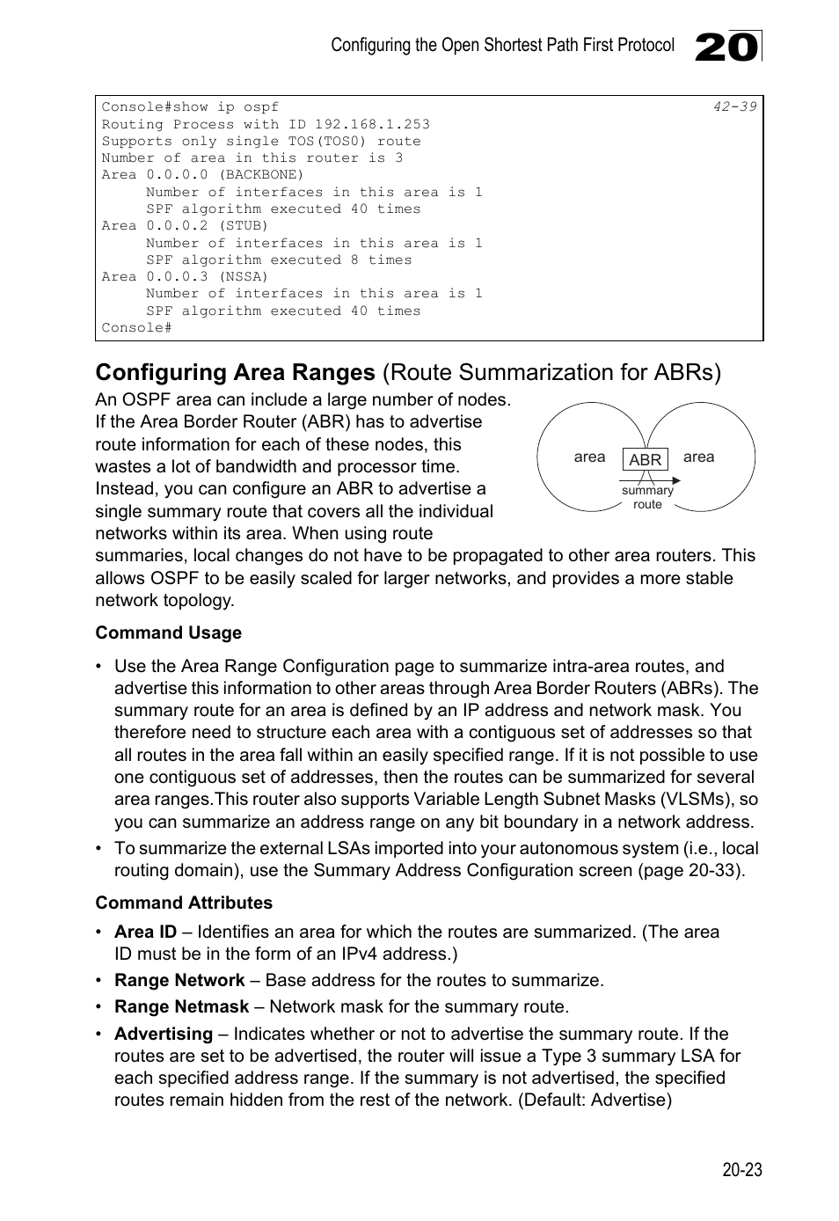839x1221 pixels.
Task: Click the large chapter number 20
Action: coord(726,47)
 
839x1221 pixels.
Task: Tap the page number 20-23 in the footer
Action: coord(741,1169)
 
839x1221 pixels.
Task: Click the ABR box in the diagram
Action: coord(645,459)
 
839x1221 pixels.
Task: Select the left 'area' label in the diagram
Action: coord(589,457)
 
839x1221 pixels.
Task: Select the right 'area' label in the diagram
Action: coord(698,457)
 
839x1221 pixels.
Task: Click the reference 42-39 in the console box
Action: coord(734,106)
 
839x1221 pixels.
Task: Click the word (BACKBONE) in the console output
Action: coord(260,174)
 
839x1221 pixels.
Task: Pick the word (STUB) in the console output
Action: coord(243,225)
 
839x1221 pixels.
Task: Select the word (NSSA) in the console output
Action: coord(243,276)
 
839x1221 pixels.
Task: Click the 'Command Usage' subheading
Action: coord(168,632)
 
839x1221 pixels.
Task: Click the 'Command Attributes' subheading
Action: coord(184,903)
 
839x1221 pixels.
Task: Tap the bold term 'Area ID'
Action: coord(145,932)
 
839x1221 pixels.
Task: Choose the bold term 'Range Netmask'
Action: coord(181,1006)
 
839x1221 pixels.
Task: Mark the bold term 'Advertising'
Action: coord(163,1034)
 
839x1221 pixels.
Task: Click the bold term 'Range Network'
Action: coord(179,980)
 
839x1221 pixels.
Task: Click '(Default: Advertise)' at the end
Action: coord(595,1100)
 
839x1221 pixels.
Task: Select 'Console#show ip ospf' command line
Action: coord(190,106)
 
